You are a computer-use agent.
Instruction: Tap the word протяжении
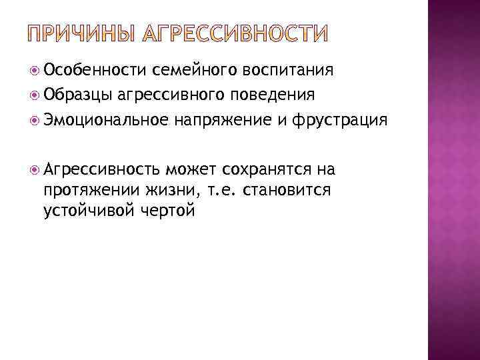87,190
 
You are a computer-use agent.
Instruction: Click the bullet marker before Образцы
33,95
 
